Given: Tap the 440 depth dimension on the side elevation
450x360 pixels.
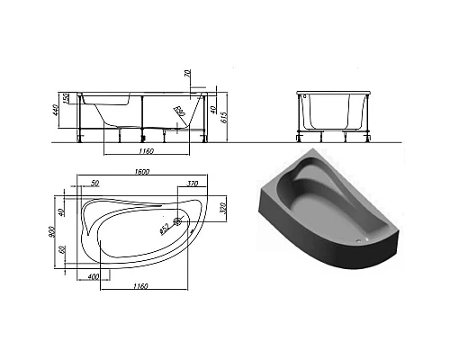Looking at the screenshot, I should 56,114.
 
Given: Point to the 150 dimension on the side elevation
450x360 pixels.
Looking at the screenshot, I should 66,97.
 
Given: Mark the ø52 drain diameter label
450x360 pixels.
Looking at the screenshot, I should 165,229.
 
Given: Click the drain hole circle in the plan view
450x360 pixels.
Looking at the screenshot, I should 178,220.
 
